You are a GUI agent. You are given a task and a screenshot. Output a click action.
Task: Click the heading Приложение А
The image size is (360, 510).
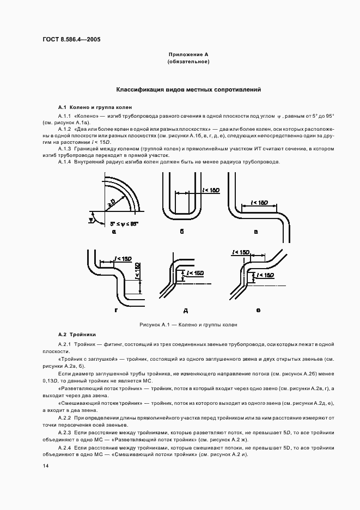tap(188, 55)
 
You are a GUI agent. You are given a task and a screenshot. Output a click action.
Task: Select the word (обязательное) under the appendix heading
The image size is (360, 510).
tap(188, 62)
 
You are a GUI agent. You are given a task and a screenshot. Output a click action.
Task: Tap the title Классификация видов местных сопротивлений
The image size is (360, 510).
tap(188, 89)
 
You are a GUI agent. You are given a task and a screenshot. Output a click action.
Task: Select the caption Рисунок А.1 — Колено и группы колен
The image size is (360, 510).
tap(188, 324)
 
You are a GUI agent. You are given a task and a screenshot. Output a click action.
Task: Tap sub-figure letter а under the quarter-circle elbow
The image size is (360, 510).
tap(114, 232)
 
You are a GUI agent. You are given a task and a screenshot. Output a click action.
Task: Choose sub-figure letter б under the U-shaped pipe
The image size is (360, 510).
tap(182, 232)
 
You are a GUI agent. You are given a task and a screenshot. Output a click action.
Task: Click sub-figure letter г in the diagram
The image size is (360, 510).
tap(116, 310)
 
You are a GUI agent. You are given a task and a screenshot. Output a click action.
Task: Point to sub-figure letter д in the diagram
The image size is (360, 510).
tap(185, 311)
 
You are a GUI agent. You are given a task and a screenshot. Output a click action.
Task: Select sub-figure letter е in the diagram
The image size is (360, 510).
tap(258, 310)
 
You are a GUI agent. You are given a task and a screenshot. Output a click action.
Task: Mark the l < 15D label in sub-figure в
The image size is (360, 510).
tap(259, 203)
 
